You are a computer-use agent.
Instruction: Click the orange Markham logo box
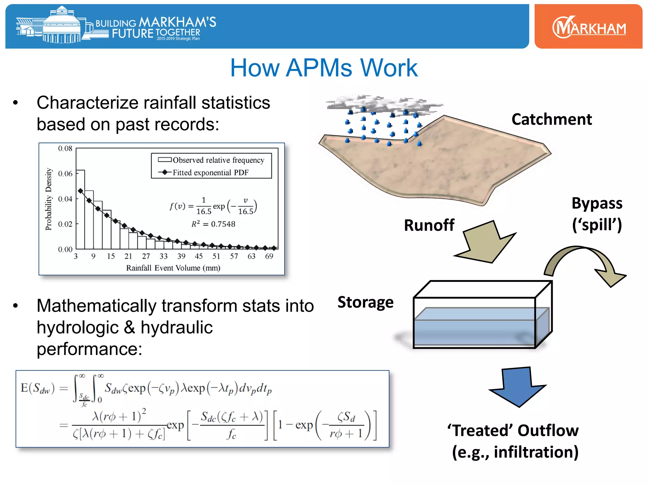pyautogui.click(x=588, y=27)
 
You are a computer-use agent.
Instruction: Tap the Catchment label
pyautogui.click(x=551, y=119)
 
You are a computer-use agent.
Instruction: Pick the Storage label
pyautogui.click(x=365, y=302)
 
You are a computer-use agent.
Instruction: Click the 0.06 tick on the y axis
pyautogui.click(x=65, y=173)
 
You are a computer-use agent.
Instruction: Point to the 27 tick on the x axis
pyautogui.click(x=146, y=256)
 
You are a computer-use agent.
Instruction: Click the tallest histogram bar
pyautogui.click(x=80, y=209)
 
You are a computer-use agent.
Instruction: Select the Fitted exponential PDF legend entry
pyautogui.click(x=210, y=172)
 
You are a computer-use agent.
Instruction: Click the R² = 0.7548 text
pyautogui.click(x=213, y=224)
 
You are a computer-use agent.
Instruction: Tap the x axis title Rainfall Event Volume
pyautogui.click(x=173, y=268)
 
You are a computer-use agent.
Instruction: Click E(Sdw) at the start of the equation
pyautogui.click(x=37, y=388)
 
